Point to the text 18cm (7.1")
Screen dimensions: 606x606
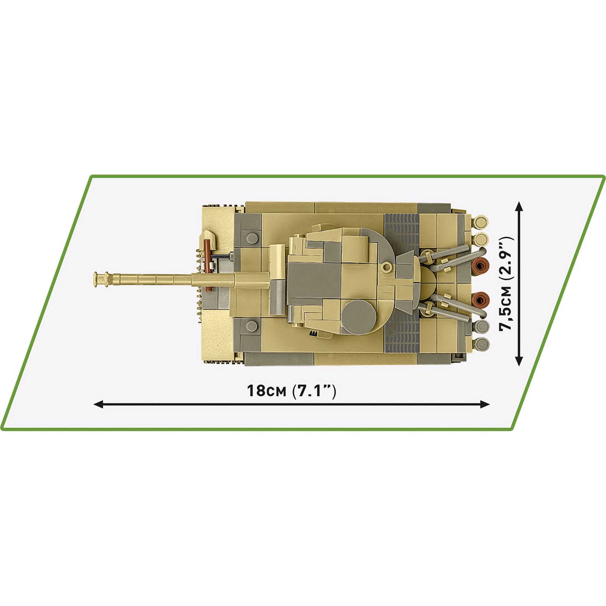[x=291, y=391]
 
